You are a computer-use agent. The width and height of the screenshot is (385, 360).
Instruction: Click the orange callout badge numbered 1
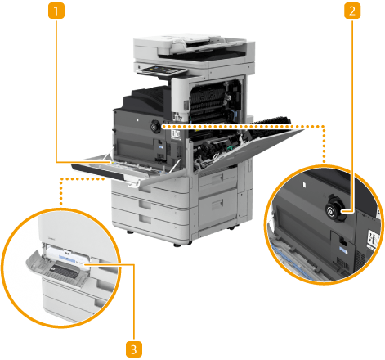pyautogui.click(x=56, y=11)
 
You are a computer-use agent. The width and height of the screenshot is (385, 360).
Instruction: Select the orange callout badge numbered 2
pyautogui.click(x=352, y=11)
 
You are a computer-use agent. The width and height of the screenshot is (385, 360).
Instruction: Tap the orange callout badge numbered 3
pyautogui.click(x=134, y=349)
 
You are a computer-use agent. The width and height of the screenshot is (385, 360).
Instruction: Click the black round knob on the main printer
pyautogui.click(x=156, y=126)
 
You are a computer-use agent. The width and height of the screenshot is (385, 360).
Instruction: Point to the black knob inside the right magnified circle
pyautogui.click(x=334, y=211)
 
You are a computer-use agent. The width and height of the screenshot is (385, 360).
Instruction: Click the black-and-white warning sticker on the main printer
pyautogui.click(x=176, y=135)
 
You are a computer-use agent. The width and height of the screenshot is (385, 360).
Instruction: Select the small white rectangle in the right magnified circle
pyautogui.click(x=304, y=185)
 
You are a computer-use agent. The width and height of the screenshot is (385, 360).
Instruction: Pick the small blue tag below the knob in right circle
pyautogui.click(x=343, y=250)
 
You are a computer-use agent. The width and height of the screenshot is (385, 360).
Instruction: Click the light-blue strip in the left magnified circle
pyautogui.click(x=67, y=258)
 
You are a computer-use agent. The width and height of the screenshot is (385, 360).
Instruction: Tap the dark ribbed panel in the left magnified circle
pyautogui.click(x=63, y=271)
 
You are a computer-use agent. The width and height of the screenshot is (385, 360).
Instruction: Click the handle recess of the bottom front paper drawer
pyautogui.click(x=144, y=218)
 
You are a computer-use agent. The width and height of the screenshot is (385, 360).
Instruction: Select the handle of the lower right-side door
pyautogui.click(x=217, y=204)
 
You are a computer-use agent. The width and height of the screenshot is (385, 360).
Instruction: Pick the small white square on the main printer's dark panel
pyautogui.click(x=137, y=119)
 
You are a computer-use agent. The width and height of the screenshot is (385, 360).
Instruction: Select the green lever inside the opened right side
pyautogui.click(x=230, y=148)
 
